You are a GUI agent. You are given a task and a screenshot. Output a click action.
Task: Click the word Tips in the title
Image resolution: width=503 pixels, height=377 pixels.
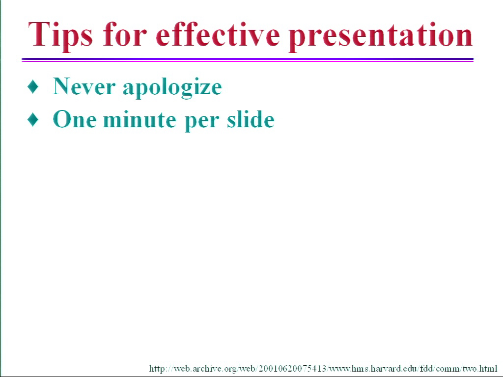[60, 35]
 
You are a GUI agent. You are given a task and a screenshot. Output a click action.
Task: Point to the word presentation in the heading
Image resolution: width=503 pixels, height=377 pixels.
[381, 36]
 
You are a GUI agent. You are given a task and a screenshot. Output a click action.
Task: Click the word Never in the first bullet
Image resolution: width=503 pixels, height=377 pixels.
[84, 86]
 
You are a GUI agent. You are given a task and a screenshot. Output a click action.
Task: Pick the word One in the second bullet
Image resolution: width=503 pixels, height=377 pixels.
[75, 119]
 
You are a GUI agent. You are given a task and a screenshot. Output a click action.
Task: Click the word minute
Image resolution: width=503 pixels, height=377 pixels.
[140, 119]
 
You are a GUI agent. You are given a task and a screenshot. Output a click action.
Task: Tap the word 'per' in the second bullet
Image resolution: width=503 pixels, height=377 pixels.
[202, 122]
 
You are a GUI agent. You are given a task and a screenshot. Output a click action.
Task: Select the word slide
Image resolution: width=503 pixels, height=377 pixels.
[251, 119]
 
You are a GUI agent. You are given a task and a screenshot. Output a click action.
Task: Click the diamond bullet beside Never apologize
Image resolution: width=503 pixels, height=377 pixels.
[33, 86]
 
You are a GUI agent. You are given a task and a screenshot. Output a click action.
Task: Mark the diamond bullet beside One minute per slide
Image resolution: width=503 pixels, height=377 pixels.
[33, 120]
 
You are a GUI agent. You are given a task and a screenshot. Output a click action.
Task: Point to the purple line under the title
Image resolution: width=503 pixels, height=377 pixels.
[248, 59]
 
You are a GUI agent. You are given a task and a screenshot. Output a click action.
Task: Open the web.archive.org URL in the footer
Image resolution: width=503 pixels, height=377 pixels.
[323, 368]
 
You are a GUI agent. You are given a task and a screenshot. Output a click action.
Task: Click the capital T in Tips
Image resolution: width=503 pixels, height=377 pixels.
[38, 34]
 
